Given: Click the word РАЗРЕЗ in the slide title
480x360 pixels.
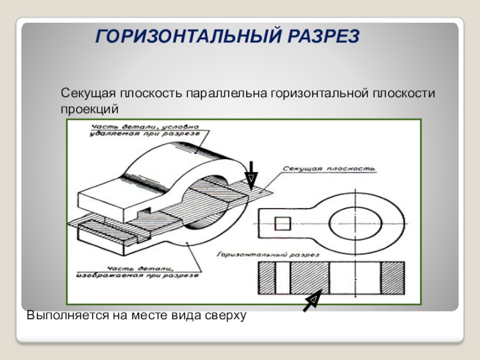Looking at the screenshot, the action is (315, 37).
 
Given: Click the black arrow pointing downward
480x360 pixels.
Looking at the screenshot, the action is (252, 173).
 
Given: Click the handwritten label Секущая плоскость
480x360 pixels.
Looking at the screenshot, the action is (328, 169).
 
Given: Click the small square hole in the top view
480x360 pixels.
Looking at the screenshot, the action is (281, 224).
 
